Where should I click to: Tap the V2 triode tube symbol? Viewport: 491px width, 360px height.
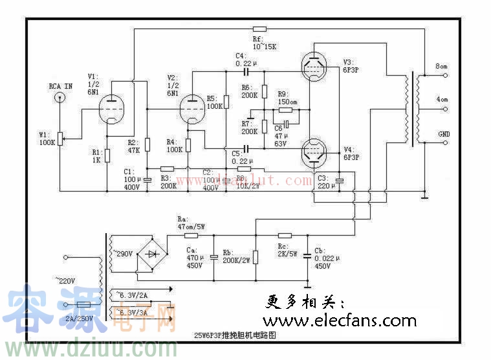(x=192, y=109)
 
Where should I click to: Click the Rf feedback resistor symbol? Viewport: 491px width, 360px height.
(x=259, y=29)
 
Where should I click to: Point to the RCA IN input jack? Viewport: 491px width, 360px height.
(x=60, y=98)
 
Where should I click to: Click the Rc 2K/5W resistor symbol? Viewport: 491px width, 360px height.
(x=285, y=235)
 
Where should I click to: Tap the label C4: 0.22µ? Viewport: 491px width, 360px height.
(x=246, y=59)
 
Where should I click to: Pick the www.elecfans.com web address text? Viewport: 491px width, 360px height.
(x=339, y=321)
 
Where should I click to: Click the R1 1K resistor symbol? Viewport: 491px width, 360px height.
(x=107, y=155)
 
